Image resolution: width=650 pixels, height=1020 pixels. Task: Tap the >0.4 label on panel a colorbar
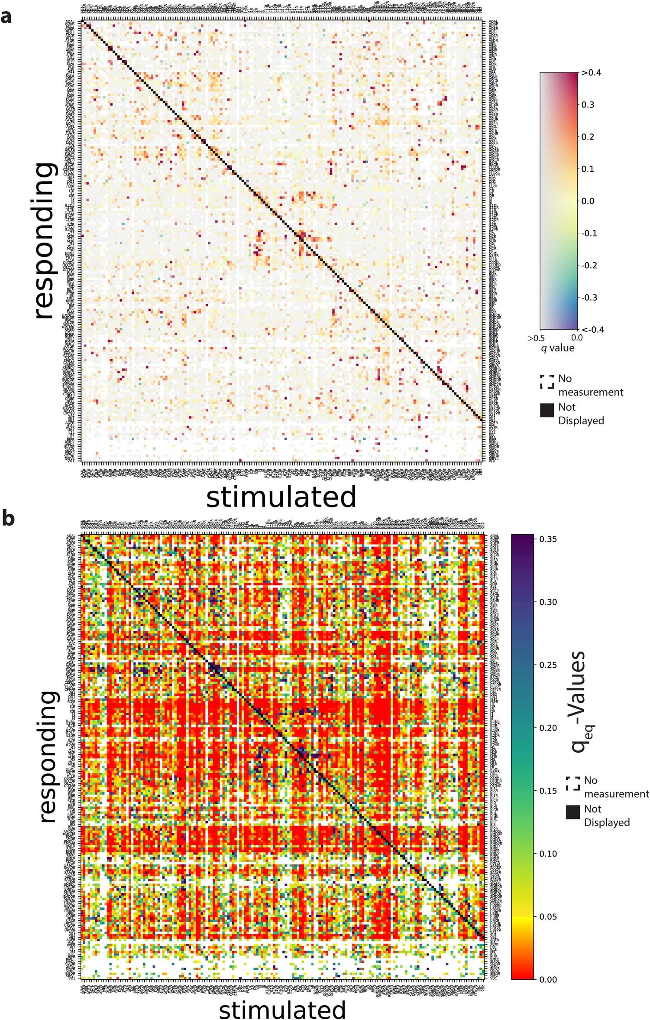[x=591, y=73]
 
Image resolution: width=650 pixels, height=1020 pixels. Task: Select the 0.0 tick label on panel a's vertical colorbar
[x=588, y=201]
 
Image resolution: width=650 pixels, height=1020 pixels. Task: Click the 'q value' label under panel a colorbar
[x=558, y=348]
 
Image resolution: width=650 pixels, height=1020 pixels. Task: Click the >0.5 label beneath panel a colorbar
[x=536, y=338]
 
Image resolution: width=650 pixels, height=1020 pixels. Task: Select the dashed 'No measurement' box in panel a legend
[x=547, y=382]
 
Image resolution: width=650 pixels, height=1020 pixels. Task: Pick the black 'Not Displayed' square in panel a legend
[x=547, y=410]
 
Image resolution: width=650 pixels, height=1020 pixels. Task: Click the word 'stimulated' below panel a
[x=281, y=497]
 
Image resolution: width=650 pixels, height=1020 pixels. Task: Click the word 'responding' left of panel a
[x=45, y=241]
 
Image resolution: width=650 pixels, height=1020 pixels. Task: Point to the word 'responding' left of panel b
[x=47, y=757]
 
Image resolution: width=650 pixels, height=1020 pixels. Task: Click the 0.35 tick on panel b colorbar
[x=548, y=539]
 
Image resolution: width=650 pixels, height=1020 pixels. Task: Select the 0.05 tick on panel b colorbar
[x=548, y=916]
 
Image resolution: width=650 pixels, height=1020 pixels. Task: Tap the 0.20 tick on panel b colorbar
[x=548, y=728]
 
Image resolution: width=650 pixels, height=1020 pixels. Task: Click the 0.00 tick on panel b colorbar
[x=548, y=979]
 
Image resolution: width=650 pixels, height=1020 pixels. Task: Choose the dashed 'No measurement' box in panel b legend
[x=572, y=783]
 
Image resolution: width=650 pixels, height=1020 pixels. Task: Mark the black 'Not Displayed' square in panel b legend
[x=572, y=812]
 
